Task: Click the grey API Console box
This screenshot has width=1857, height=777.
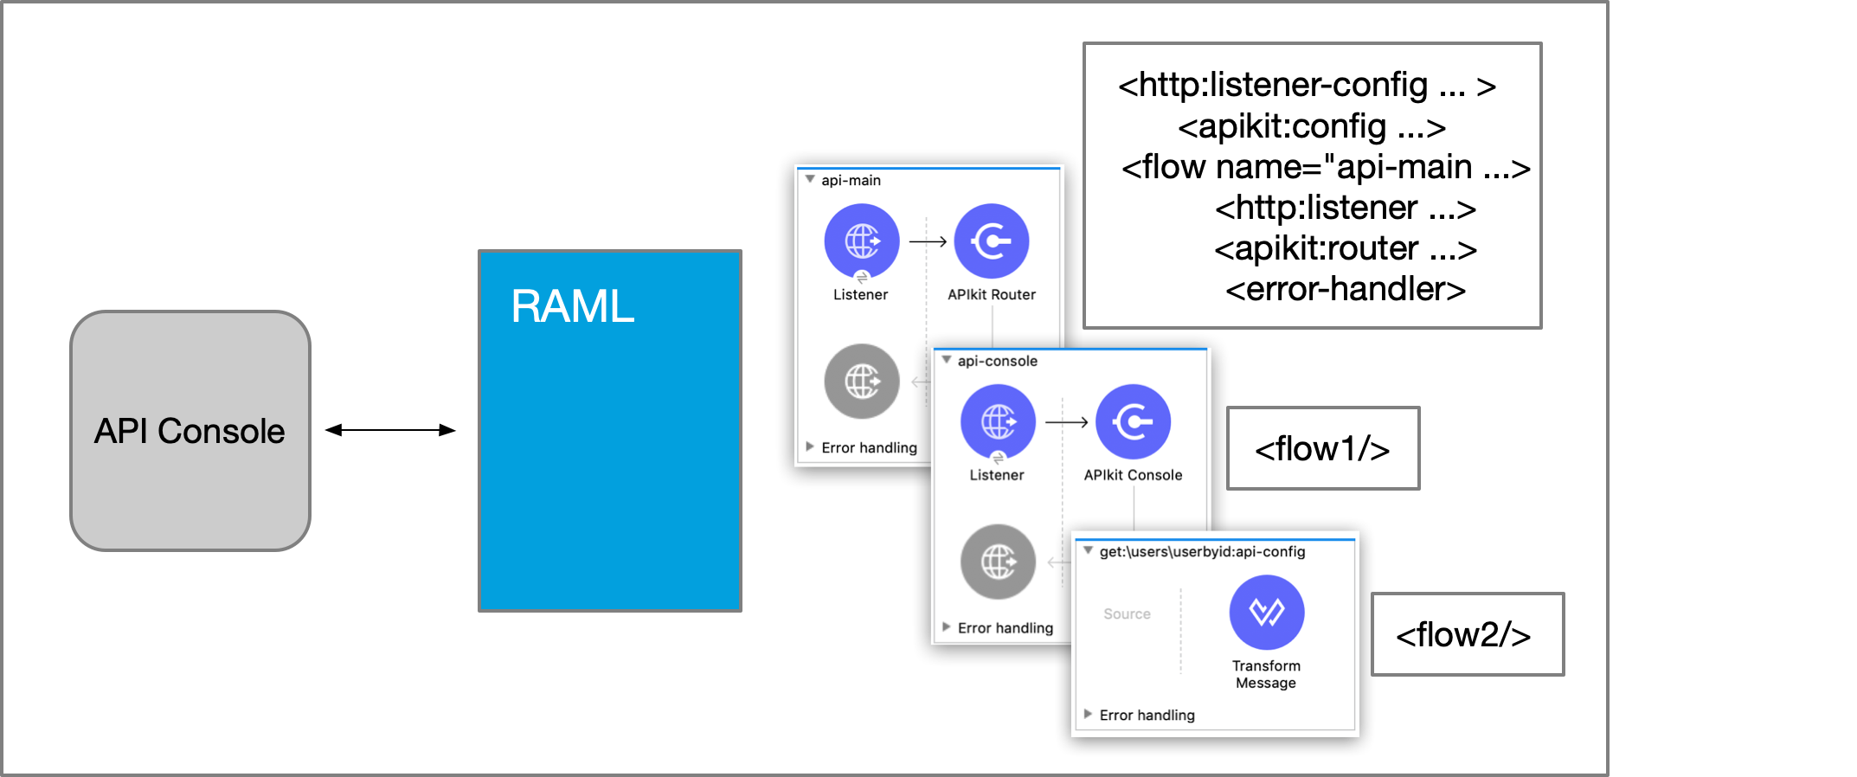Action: click(190, 431)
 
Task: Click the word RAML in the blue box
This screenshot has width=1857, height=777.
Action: click(572, 306)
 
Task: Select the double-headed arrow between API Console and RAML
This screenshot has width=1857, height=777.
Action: click(390, 430)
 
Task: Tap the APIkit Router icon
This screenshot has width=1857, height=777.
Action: click(991, 241)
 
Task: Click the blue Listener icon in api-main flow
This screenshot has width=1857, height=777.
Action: click(861, 241)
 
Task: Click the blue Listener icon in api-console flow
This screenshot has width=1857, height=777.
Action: click(998, 422)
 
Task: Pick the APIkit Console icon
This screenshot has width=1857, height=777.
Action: click(1133, 422)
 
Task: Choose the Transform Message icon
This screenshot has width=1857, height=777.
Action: click(1266, 613)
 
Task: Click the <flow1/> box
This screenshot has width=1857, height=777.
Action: click(1322, 448)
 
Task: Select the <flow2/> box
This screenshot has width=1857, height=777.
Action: click(1468, 634)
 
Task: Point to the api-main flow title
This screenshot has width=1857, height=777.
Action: click(851, 180)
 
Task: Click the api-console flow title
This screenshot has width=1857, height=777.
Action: click(997, 361)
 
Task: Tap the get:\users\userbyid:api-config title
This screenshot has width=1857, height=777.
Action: click(1202, 551)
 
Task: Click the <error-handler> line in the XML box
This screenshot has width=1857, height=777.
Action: click(1345, 289)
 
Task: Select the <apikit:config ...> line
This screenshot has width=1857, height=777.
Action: click(1311, 127)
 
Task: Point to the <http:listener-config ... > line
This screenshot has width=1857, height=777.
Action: click(1307, 85)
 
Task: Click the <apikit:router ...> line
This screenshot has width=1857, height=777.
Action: click(1345, 248)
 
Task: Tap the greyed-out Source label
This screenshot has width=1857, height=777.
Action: click(1127, 613)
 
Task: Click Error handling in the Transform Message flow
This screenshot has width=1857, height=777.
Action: click(1147, 715)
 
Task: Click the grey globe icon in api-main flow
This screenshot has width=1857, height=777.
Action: click(861, 382)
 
